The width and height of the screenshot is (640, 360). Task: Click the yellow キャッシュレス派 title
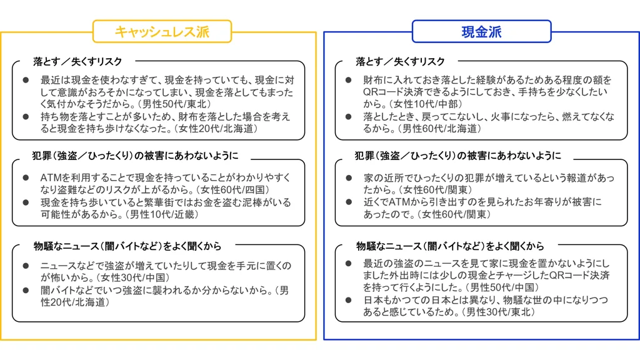(x=162, y=32)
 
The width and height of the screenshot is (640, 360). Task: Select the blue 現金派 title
(x=482, y=32)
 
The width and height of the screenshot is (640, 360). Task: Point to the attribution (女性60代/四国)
(x=233, y=190)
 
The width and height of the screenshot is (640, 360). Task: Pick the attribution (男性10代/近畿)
(x=162, y=214)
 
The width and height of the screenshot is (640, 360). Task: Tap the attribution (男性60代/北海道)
(x=439, y=129)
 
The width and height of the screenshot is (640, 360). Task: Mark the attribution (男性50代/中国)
(x=502, y=287)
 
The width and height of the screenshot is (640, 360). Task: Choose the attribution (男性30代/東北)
(x=498, y=312)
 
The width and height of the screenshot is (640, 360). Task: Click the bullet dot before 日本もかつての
(x=349, y=301)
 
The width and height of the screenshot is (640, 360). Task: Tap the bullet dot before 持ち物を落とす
(x=26, y=117)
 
